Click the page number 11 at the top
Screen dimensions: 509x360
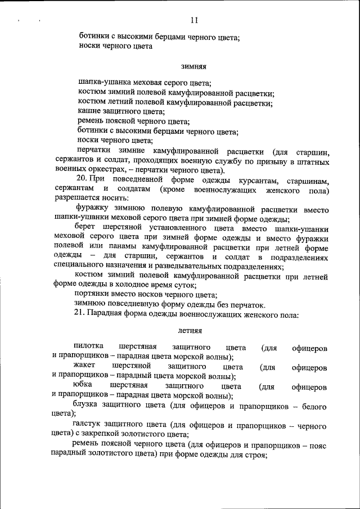point(195,21)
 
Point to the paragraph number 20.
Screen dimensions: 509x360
point(80,179)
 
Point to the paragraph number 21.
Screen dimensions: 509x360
point(80,314)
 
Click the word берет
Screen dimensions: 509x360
point(85,228)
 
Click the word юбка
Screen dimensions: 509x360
point(83,386)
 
